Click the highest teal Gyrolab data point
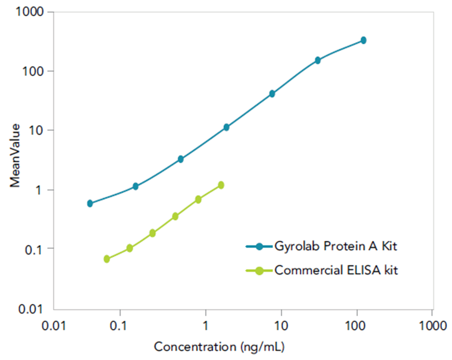coord(363,40)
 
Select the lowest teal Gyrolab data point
coord(90,203)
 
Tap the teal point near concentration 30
coord(318,60)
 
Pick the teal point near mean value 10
coord(226,127)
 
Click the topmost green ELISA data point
coord(221,185)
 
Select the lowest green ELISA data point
coord(107,259)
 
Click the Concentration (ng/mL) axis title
coord(219,347)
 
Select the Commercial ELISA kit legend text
coord(336,270)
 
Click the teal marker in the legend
coord(259,246)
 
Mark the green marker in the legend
coord(259,271)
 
